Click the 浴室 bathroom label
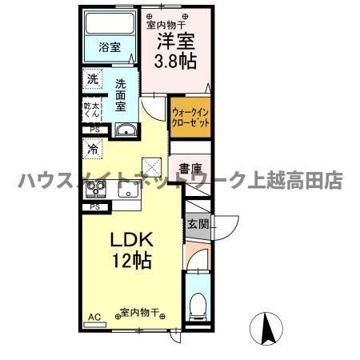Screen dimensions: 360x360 (110, 47)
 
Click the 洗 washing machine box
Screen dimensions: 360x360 (93, 80)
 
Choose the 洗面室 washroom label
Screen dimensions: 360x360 (122, 94)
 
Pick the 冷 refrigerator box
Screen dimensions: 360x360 (93, 149)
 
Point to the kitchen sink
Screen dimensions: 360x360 (128, 191)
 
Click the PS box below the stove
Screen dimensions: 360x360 (95, 206)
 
